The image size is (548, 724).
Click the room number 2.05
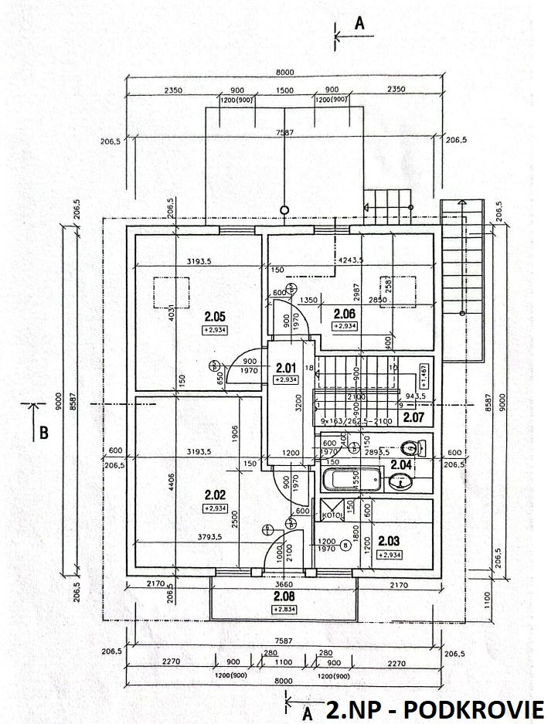pos(214,316)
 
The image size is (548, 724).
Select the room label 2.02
pos(213,494)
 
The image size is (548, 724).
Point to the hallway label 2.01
pos(286,368)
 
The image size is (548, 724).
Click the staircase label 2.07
pos(414,418)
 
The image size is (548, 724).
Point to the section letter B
pos(44,433)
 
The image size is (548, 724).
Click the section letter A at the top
pos(359,24)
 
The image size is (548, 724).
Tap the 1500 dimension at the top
pos(284,90)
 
